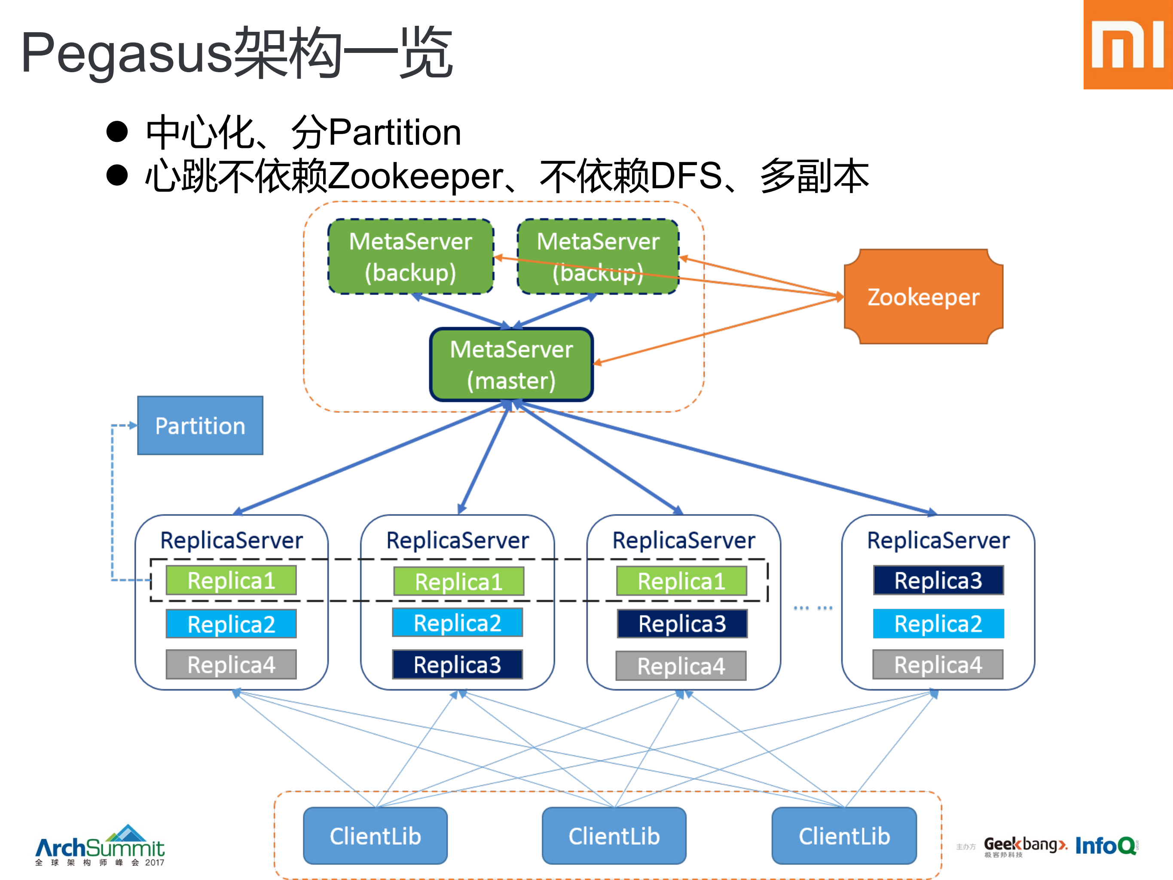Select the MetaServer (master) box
(x=511, y=365)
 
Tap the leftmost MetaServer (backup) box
(x=410, y=257)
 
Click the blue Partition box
(x=200, y=426)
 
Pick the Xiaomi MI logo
(x=1127, y=45)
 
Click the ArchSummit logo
(x=100, y=846)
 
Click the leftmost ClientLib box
(x=375, y=836)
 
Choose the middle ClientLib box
(x=614, y=836)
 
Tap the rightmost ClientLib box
(x=844, y=836)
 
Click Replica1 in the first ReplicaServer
(x=231, y=580)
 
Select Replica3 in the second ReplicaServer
(x=457, y=665)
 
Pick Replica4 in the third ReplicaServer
(x=681, y=666)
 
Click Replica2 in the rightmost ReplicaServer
(x=938, y=624)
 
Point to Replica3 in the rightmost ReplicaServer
(x=938, y=580)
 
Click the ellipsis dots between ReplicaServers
(x=813, y=608)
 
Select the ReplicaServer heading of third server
(x=683, y=540)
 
